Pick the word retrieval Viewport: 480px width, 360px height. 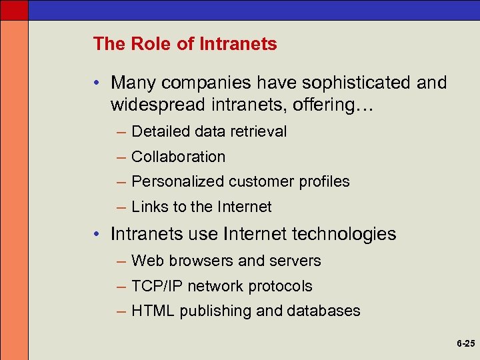pos(259,131)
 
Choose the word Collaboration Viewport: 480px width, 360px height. pos(179,157)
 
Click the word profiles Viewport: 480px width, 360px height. pos(325,181)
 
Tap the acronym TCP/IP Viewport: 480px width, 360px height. pos(157,286)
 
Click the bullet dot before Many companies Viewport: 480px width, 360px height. pos(97,83)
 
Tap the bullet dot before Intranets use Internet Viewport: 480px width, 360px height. pos(97,235)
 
